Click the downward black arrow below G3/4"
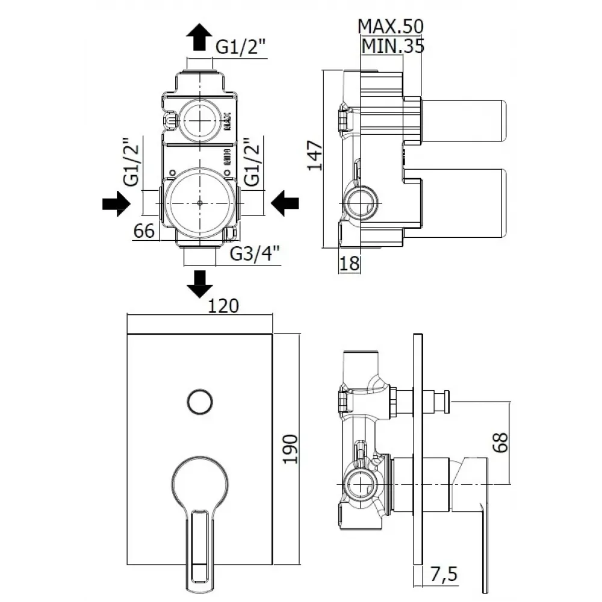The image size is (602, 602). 200,284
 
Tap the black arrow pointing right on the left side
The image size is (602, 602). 116,205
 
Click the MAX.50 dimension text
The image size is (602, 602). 391,26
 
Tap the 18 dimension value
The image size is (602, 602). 349,262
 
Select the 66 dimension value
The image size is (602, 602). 144,231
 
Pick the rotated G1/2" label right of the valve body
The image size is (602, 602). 253,163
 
